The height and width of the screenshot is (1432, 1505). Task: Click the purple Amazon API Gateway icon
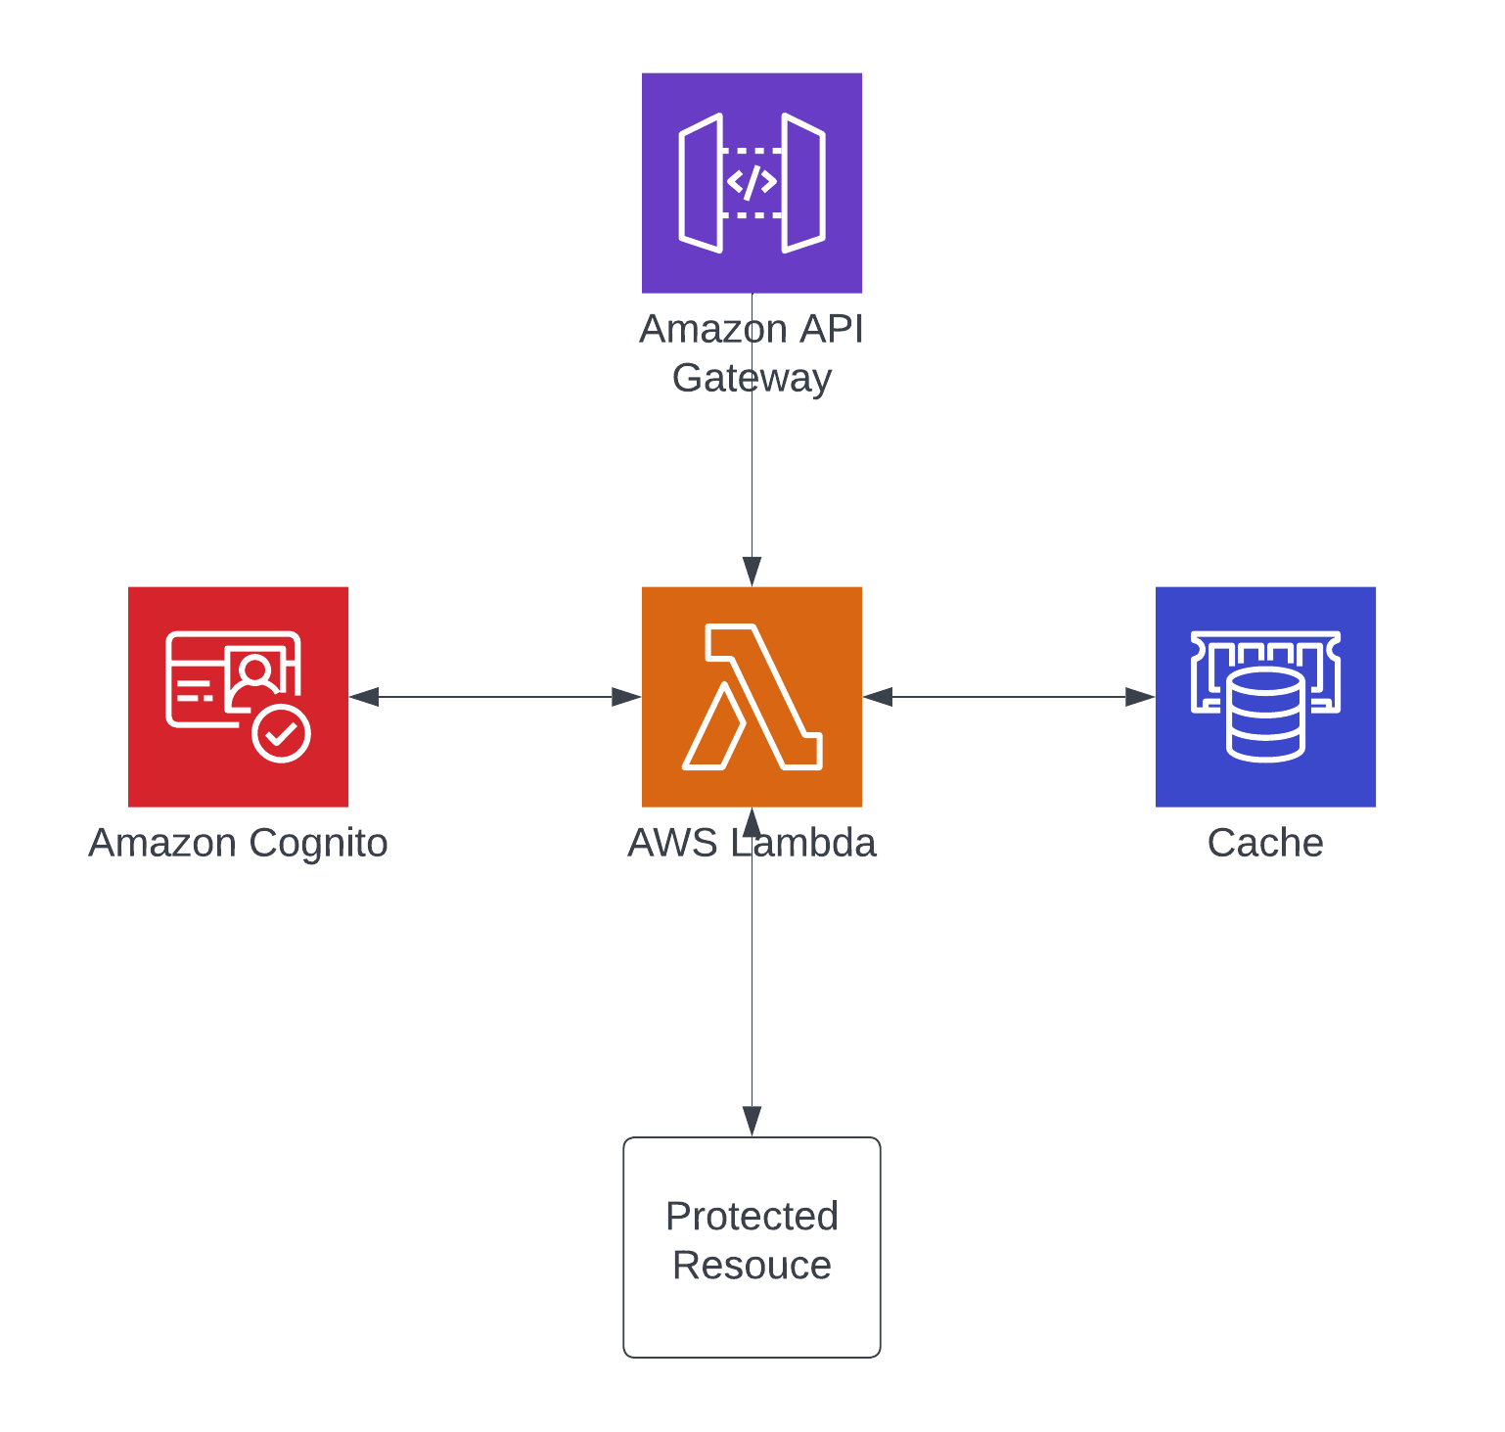tap(752, 182)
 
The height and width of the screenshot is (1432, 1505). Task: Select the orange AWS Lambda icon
tap(752, 696)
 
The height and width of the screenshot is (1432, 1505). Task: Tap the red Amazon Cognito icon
tap(238, 696)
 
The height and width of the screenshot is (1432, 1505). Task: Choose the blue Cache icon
tap(1265, 696)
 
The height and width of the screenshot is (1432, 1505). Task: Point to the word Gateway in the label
tap(752, 378)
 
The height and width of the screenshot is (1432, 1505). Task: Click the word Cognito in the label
tap(318, 843)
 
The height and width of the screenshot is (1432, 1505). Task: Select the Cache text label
tap(1265, 843)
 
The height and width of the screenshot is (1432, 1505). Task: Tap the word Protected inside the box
tap(752, 1217)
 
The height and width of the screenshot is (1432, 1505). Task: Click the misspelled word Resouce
tap(752, 1266)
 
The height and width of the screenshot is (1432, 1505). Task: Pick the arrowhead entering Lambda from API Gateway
tap(752, 572)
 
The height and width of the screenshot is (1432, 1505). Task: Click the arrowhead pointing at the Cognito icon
tap(364, 697)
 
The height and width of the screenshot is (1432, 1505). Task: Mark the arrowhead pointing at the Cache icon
tap(1140, 697)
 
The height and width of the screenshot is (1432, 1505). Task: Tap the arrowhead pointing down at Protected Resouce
tap(752, 1122)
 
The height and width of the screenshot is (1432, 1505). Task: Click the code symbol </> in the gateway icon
tap(752, 182)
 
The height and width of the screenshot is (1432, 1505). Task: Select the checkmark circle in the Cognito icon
tap(282, 732)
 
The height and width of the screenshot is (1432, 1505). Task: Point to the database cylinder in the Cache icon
tap(1265, 716)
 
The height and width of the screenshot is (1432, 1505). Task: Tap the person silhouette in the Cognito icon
tap(255, 673)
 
